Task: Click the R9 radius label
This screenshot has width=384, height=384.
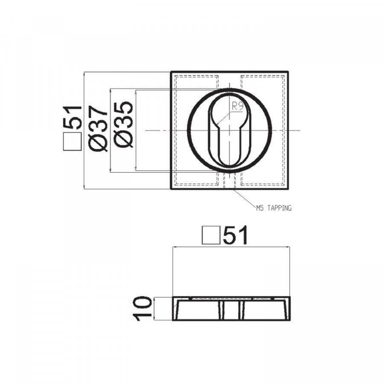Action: [x=237, y=107]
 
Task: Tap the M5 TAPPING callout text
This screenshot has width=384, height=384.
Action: [x=274, y=208]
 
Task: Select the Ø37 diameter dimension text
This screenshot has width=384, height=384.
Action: [x=98, y=128]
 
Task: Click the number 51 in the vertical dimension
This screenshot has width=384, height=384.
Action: [x=72, y=118]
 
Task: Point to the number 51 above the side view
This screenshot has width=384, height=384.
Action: [x=236, y=235]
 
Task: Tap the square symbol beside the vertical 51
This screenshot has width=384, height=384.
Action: [x=72, y=142]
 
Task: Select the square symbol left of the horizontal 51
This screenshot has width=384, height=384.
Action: [x=211, y=236]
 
